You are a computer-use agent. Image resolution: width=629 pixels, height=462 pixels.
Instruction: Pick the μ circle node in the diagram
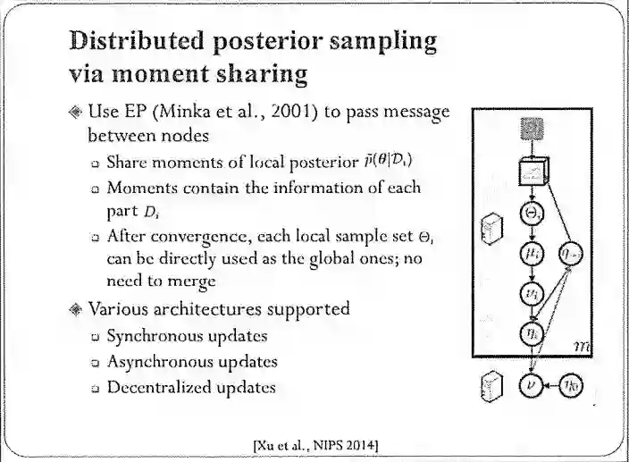point(531,256)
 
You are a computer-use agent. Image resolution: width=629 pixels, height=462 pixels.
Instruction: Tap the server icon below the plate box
point(490,386)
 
